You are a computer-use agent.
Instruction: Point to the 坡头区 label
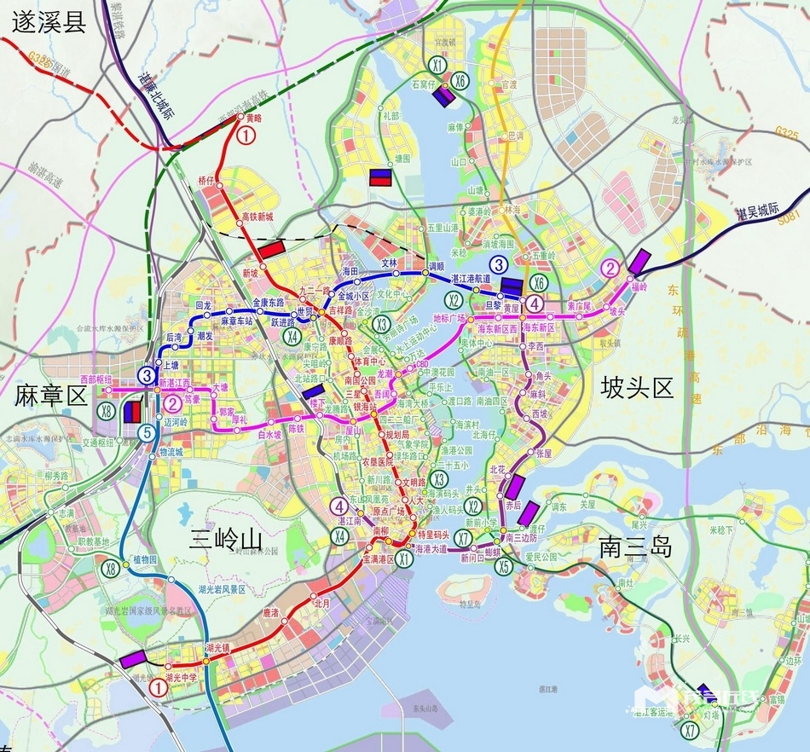(x=637, y=389)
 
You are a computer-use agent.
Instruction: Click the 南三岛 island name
(x=634, y=546)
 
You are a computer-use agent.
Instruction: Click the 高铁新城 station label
(x=257, y=217)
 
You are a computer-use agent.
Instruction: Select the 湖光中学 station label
(x=182, y=678)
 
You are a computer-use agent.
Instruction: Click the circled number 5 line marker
(x=148, y=433)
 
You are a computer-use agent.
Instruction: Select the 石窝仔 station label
(x=424, y=85)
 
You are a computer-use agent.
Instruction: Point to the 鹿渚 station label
(x=271, y=612)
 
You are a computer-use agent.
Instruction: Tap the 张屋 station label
(x=543, y=453)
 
